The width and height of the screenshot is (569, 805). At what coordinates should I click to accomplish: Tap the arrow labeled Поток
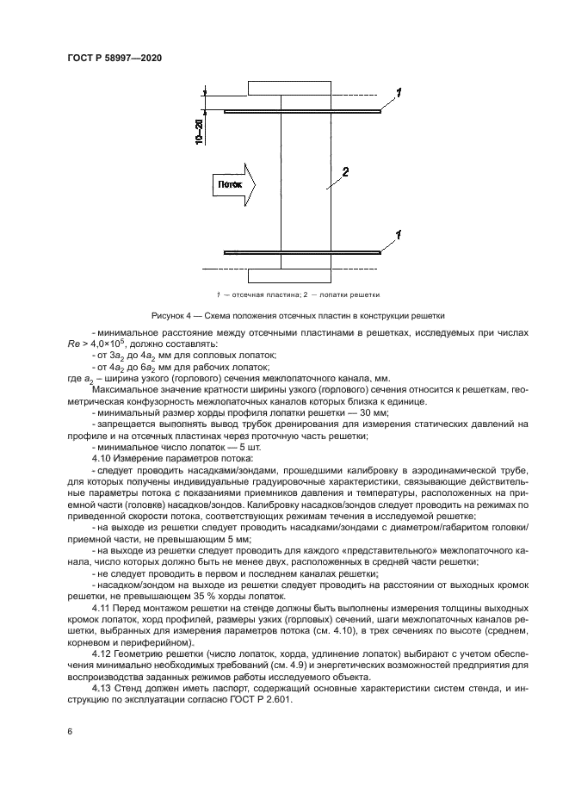232,183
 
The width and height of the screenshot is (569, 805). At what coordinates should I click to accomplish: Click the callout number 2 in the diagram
344,172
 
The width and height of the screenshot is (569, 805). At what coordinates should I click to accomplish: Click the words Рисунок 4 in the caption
171,315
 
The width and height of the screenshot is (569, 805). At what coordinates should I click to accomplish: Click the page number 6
69,731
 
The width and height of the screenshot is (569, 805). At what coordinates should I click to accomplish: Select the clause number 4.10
102,459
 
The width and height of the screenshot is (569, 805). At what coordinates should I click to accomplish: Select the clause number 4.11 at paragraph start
102,609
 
